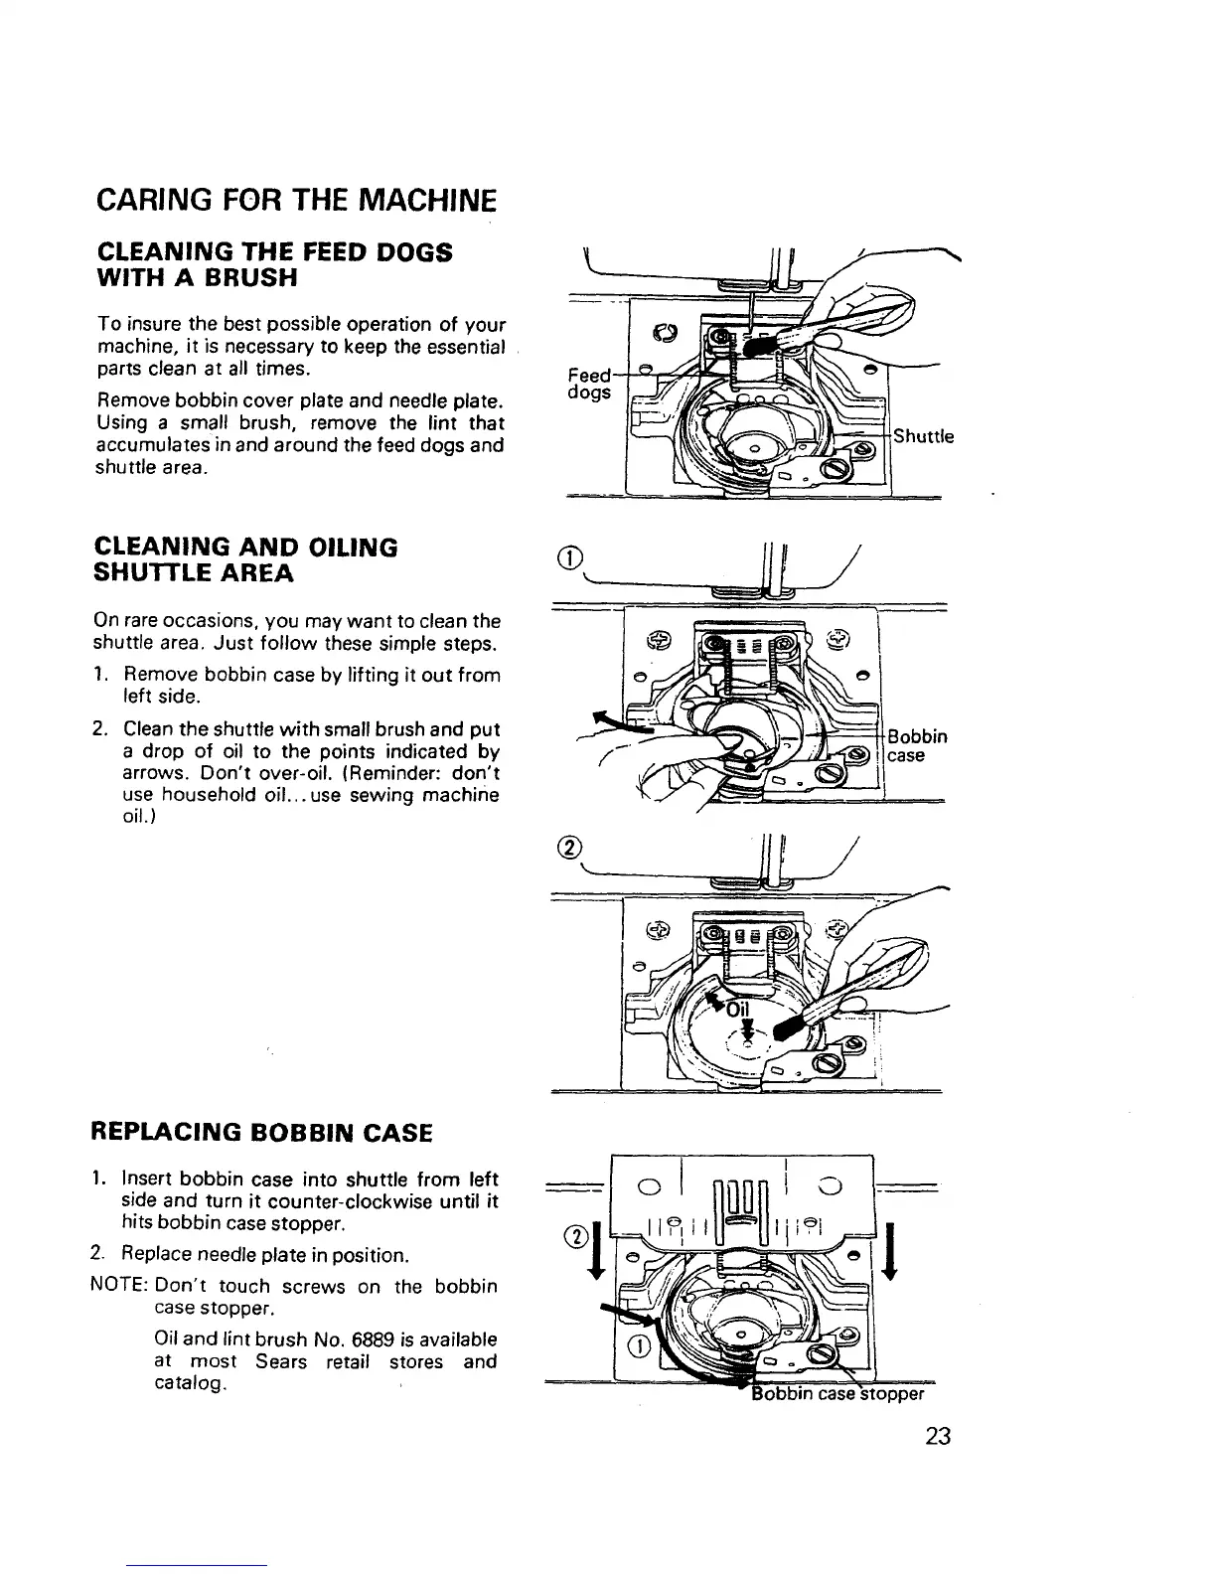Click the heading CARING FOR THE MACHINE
(x=295, y=203)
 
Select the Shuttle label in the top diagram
(x=923, y=436)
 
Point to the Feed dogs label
(x=589, y=385)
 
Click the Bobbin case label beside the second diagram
(x=916, y=745)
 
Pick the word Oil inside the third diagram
(x=741, y=1009)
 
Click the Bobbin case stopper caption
(x=839, y=1392)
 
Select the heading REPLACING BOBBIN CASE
(x=261, y=1132)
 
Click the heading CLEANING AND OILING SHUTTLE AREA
(x=244, y=560)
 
